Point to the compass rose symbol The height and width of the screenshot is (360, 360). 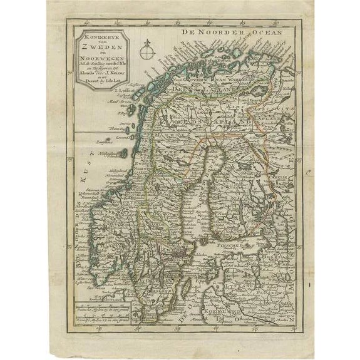pyautogui.click(x=148, y=47)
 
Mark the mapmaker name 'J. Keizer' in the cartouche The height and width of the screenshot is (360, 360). pyautogui.click(x=113, y=77)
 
